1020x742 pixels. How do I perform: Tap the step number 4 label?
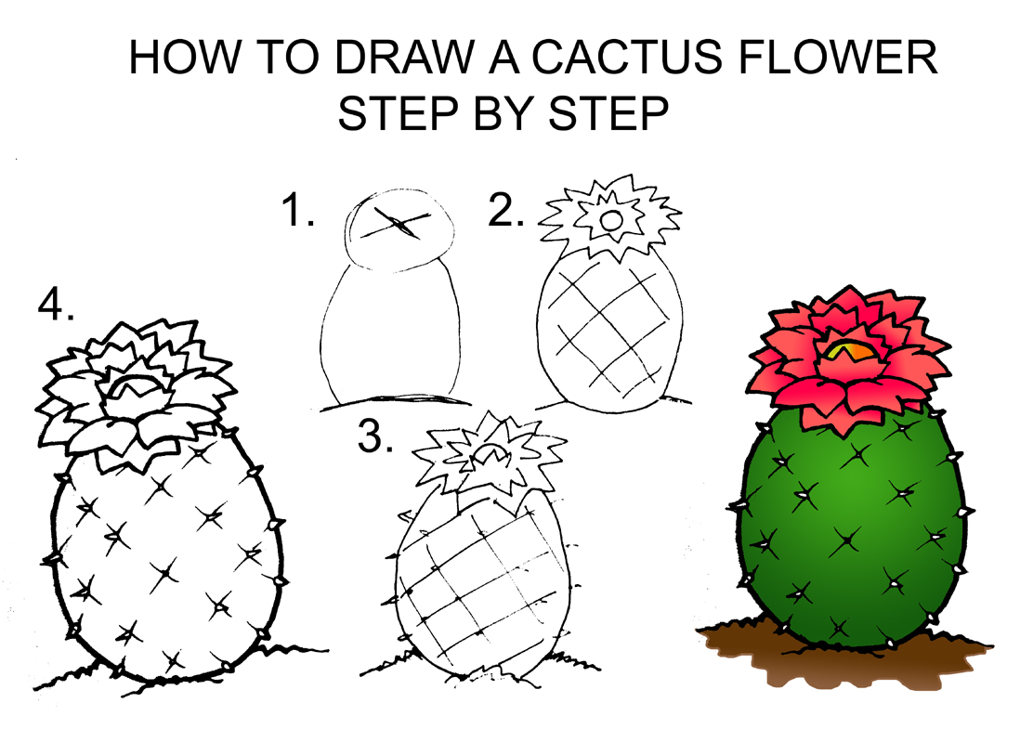(57, 304)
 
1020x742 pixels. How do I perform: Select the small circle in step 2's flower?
(611, 220)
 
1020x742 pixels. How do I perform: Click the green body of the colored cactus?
(850, 539)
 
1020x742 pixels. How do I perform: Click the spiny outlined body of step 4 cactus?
(163, 557)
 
